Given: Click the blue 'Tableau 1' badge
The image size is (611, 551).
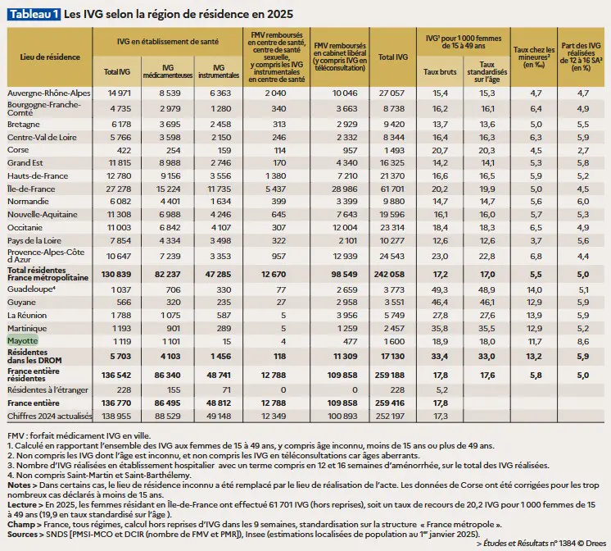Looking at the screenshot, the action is [x=34, y=14].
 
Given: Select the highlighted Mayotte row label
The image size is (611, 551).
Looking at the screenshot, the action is [x=23, y=340].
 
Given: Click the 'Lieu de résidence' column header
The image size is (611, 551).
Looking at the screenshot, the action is [x=50, y=57].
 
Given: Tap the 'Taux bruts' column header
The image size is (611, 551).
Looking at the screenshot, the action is [x=440, y=72].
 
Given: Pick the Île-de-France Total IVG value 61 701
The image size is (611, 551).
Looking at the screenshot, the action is [x=392, y=189].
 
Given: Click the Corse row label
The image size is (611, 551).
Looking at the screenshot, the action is [x=18, y=150].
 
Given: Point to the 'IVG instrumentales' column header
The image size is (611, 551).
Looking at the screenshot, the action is [x=219, y=71].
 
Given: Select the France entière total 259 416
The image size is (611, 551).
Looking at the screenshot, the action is [x=390, y=403].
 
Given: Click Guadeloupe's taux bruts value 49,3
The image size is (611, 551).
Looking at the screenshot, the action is [x=440, y=290].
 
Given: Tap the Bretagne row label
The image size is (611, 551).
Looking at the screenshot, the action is [x=24, y=125].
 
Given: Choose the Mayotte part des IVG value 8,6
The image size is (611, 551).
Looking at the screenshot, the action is [x=583, y=342].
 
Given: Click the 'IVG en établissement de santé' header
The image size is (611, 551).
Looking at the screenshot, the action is [x=168, y=42].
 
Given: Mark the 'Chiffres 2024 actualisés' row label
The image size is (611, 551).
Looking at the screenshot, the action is [x=49, y=417].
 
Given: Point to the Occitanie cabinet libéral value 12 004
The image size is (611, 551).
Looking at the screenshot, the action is [x=344, y=228].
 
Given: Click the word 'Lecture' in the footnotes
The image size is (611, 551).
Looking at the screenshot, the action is [x=22, y=505].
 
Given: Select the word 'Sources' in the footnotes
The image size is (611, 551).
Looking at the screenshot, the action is [x=22, y=535].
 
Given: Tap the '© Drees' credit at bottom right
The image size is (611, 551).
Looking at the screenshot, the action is [x=591, y=543].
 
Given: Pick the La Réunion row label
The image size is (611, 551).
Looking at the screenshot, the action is [x=27, y=316].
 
